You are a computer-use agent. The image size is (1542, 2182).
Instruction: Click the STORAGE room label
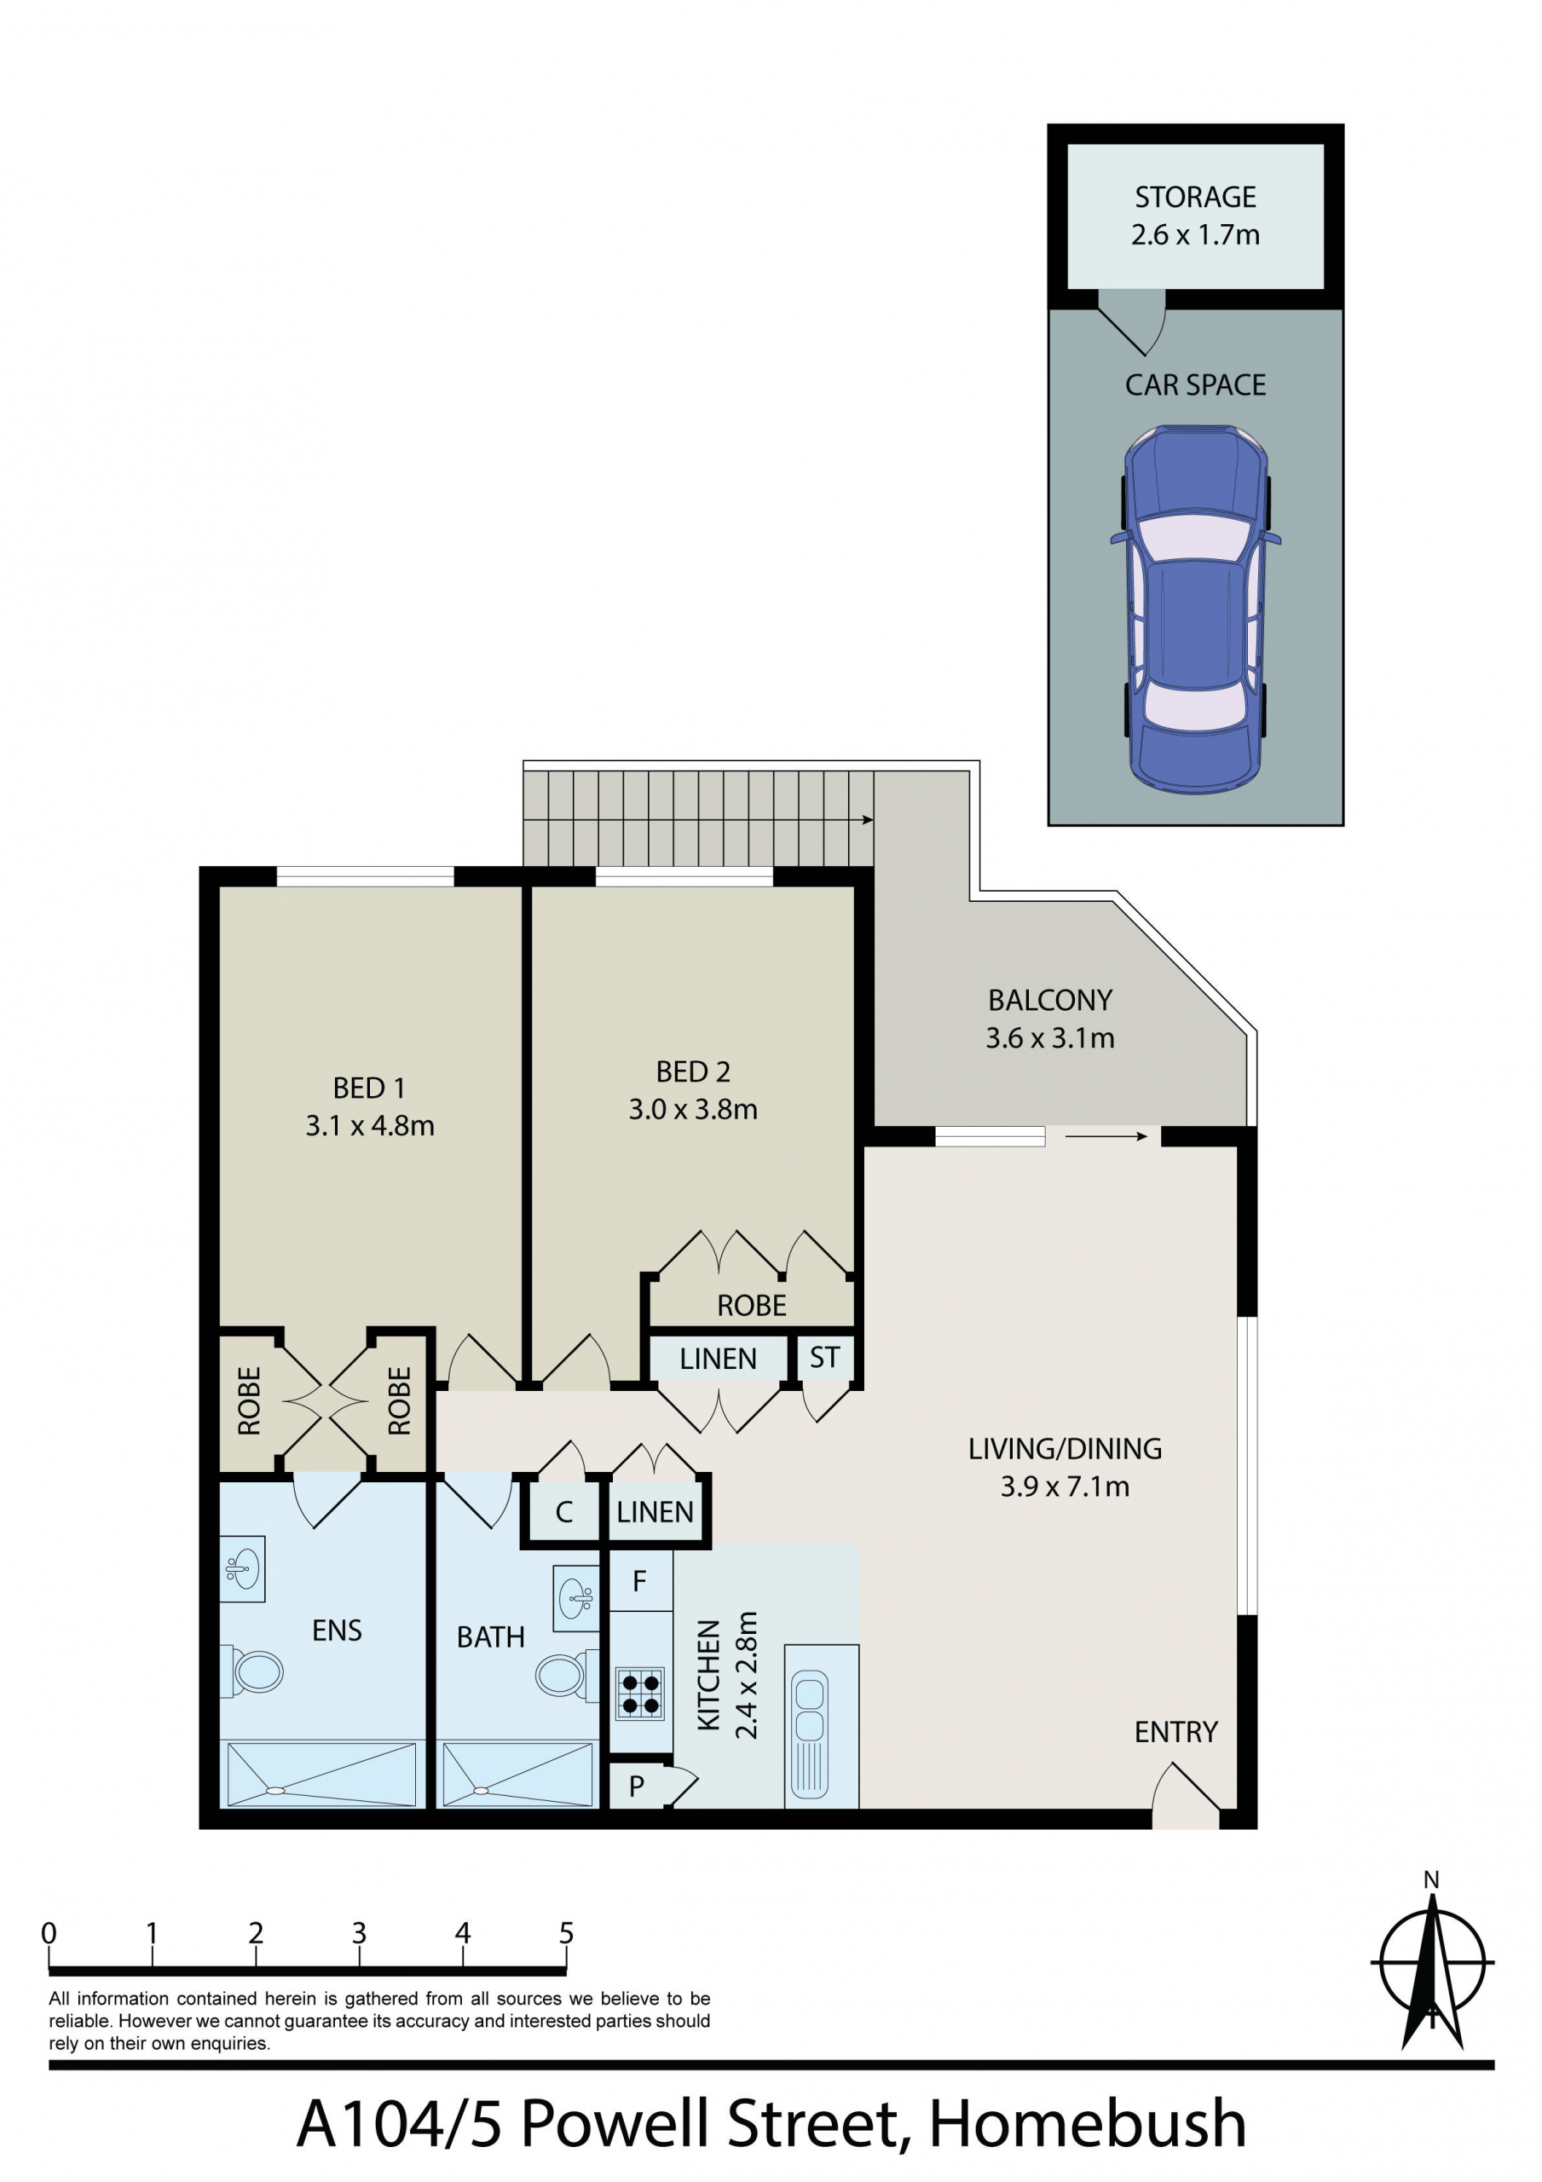pos(1195,197)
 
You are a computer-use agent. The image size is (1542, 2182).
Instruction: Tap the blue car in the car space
pos(1195,610)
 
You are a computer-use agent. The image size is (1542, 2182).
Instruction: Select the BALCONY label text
pos(1049,1000)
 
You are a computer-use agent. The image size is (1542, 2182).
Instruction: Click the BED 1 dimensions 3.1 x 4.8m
pos(370,1125)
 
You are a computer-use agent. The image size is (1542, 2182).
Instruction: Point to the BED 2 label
pos(693,1071)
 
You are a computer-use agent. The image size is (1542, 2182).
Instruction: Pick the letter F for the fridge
pos(640,1580)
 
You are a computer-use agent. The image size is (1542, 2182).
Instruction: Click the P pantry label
pos(637,1786)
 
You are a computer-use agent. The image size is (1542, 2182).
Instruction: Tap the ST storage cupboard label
pos(824,1358)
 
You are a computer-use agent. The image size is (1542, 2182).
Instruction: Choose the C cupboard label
pos(563,1512)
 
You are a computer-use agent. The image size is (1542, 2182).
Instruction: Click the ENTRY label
pos(1176,1731)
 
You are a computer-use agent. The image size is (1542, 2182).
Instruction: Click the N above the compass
pos(1431,1879)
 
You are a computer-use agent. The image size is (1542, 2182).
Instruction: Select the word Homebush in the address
pos(1087,2125)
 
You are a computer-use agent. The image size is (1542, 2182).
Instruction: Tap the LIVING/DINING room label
pos(1065,1448)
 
